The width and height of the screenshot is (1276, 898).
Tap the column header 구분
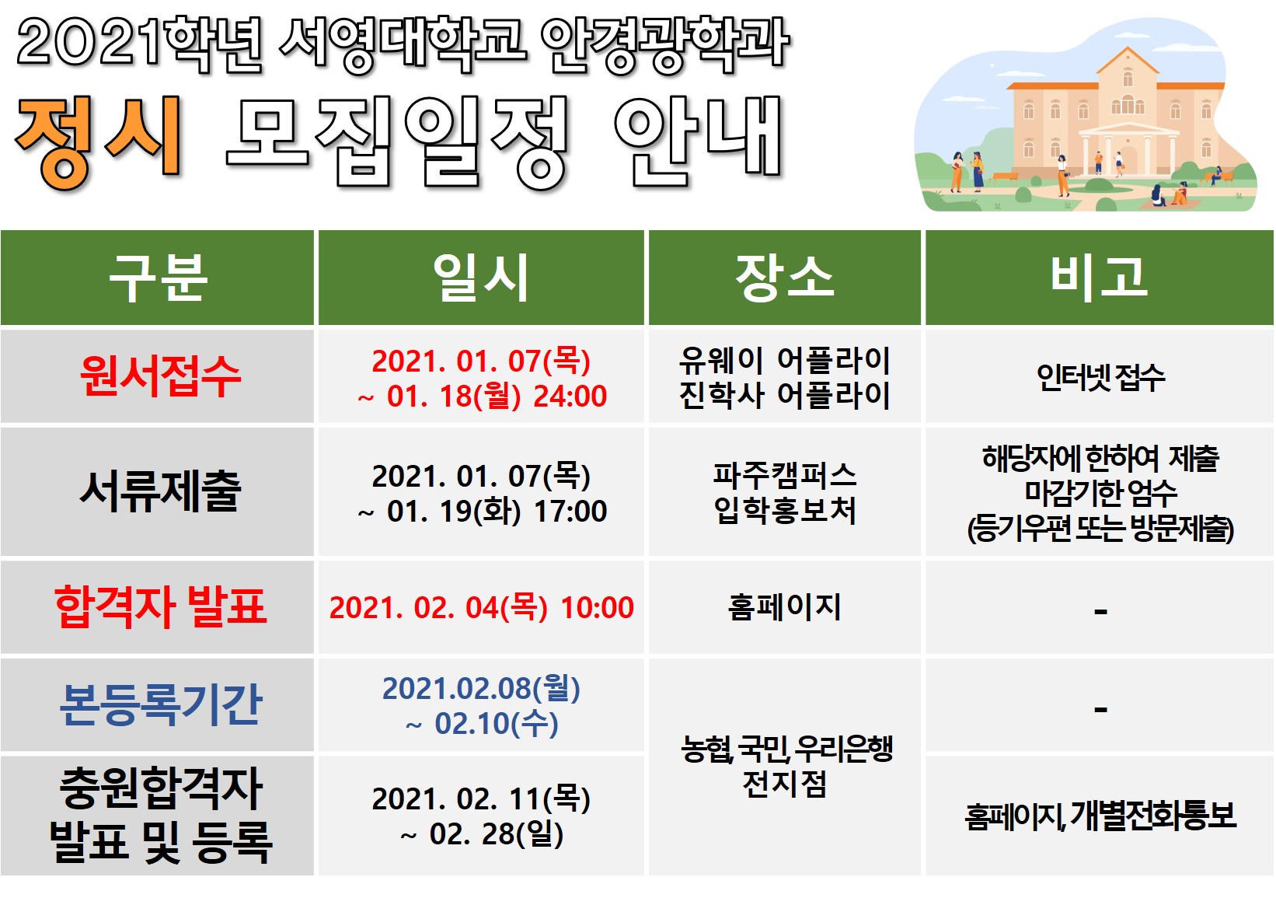[158, 278]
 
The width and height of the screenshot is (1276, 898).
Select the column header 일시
[481, 278]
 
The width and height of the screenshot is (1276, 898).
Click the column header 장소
[784, 278]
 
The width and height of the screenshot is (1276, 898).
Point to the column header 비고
[1099, 278]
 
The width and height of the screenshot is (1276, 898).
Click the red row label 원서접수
[160, 376]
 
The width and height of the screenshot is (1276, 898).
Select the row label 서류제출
[160, 491]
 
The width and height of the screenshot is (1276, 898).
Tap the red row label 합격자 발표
[160, 607]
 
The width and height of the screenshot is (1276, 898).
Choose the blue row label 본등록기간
[160, 705]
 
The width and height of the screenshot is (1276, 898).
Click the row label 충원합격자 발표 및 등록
[160, 816]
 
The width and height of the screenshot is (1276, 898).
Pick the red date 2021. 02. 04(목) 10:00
[481, 607]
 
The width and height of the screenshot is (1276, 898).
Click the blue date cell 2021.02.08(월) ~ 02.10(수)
[481, 706]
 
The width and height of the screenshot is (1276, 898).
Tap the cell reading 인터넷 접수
[1100, 377]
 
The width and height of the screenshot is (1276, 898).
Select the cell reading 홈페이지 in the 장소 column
[784, 607]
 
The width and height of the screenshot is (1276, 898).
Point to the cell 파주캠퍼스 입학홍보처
[784, 493]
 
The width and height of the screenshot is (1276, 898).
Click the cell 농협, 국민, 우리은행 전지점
[786, 767]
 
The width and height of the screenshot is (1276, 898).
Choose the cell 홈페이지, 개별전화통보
[1100, 816]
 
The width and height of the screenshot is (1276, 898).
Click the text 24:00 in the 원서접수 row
[570, 396]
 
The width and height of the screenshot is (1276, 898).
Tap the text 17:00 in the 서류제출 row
[570, 511]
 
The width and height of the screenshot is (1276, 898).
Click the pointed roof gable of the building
[1127, 61]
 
